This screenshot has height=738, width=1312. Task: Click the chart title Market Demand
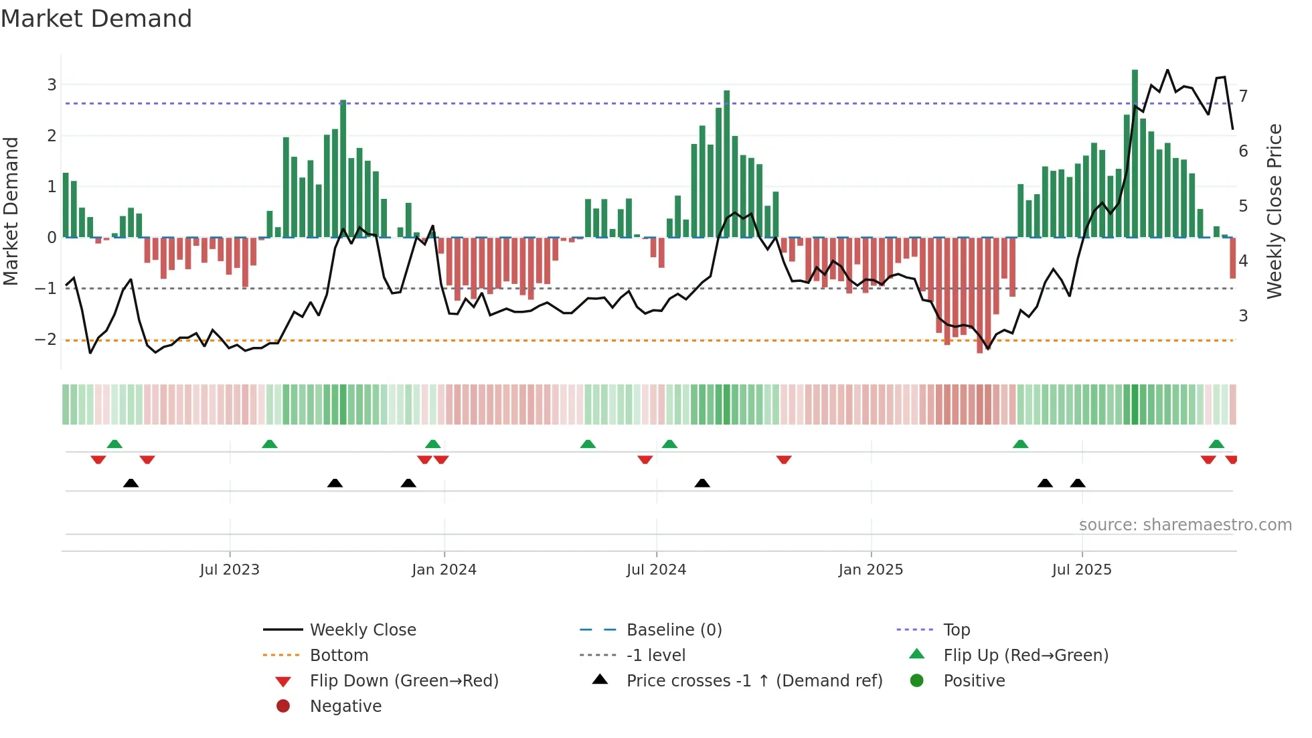tap(96, 19)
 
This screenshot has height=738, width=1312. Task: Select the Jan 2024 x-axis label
tap(444, 570)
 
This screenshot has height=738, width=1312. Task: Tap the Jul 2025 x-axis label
tap(1081, 570)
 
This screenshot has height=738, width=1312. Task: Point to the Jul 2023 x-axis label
tap(230, 570)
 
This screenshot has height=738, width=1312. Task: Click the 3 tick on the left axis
tap(52, 85)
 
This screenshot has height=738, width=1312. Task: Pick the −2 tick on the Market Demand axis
tap(46, 340)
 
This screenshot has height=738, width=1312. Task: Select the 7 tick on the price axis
tap(1243, 96)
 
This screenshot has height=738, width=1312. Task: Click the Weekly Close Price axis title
tap(1275, 211)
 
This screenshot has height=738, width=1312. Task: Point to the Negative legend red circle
tap(283, 707)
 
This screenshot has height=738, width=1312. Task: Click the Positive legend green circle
tap(917, 681)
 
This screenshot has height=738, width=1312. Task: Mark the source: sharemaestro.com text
tap(1185, 525)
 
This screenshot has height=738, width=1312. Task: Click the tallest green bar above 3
tap(1135, 154)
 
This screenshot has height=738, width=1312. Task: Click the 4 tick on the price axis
tap(1243, 261)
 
